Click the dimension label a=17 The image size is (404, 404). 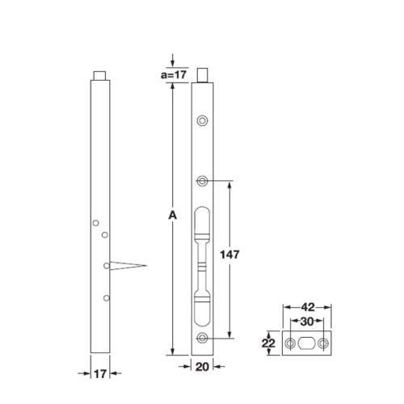(x=172, y=74)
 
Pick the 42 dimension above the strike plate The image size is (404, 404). (x=307, y=307)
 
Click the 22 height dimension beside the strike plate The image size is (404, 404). (x=267, y=343)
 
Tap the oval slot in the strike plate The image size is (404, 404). (x=307, y=343)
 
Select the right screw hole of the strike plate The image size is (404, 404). (x=324, y=343)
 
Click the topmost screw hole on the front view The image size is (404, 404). (x=202, y=121)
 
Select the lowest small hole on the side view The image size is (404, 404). (x=106, y=298)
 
